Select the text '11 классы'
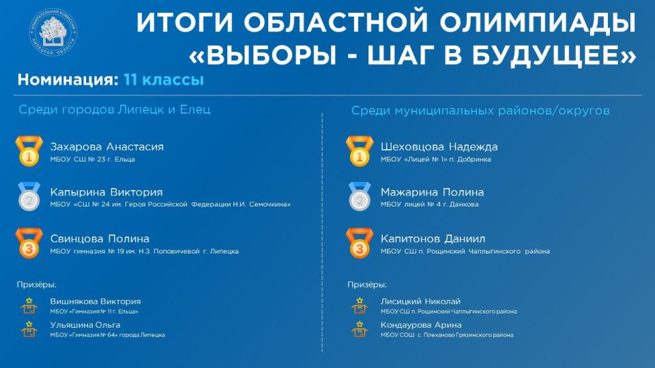[164, 80]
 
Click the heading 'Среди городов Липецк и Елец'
[115, 110]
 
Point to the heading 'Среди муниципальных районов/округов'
[480, 110]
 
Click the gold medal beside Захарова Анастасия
[29, 152]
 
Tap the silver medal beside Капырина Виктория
[29, 198]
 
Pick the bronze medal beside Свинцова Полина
[29, 244]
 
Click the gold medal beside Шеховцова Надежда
[359, 152]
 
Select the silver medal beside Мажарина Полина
[359, 198]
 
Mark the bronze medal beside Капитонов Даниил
[359, 244]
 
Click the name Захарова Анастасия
[107, 147]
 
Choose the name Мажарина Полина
[433, 192]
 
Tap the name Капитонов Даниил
[433, 239]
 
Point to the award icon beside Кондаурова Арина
[358, 329]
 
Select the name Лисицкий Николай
[421, 301]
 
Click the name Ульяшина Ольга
[81, 324]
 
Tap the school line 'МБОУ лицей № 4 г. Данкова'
[430, 204]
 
